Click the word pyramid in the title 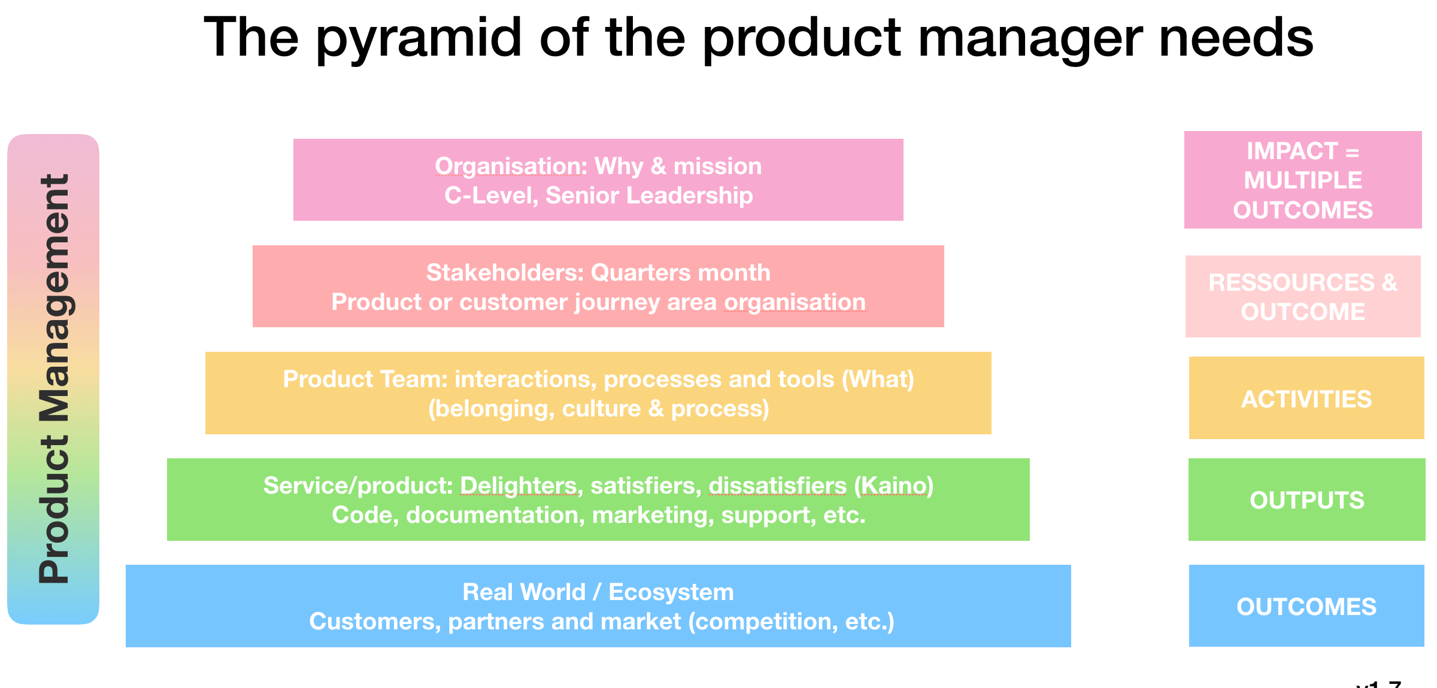point(419,39)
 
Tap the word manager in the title point(1030,39)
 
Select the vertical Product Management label point(54,379)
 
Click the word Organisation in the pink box point(511,166)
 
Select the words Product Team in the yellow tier point(365,379)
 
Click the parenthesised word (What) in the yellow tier point(878,379)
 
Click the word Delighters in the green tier point(519,486)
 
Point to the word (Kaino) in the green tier point(893,486)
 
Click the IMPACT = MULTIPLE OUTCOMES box point(1303,180)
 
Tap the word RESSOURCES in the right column point(1292,282)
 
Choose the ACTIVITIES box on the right point(1306,399)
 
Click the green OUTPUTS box point(1306,500)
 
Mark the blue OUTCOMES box point(1306,607)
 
